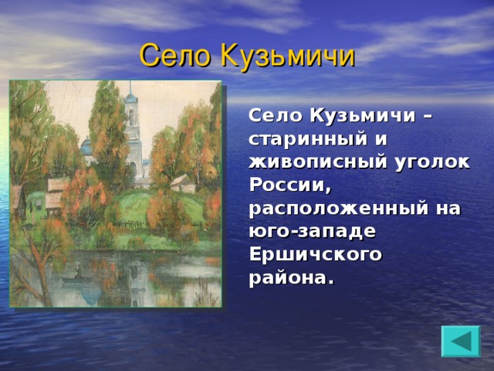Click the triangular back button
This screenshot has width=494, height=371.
point(460,341)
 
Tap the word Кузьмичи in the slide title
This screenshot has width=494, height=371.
point(287,56)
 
